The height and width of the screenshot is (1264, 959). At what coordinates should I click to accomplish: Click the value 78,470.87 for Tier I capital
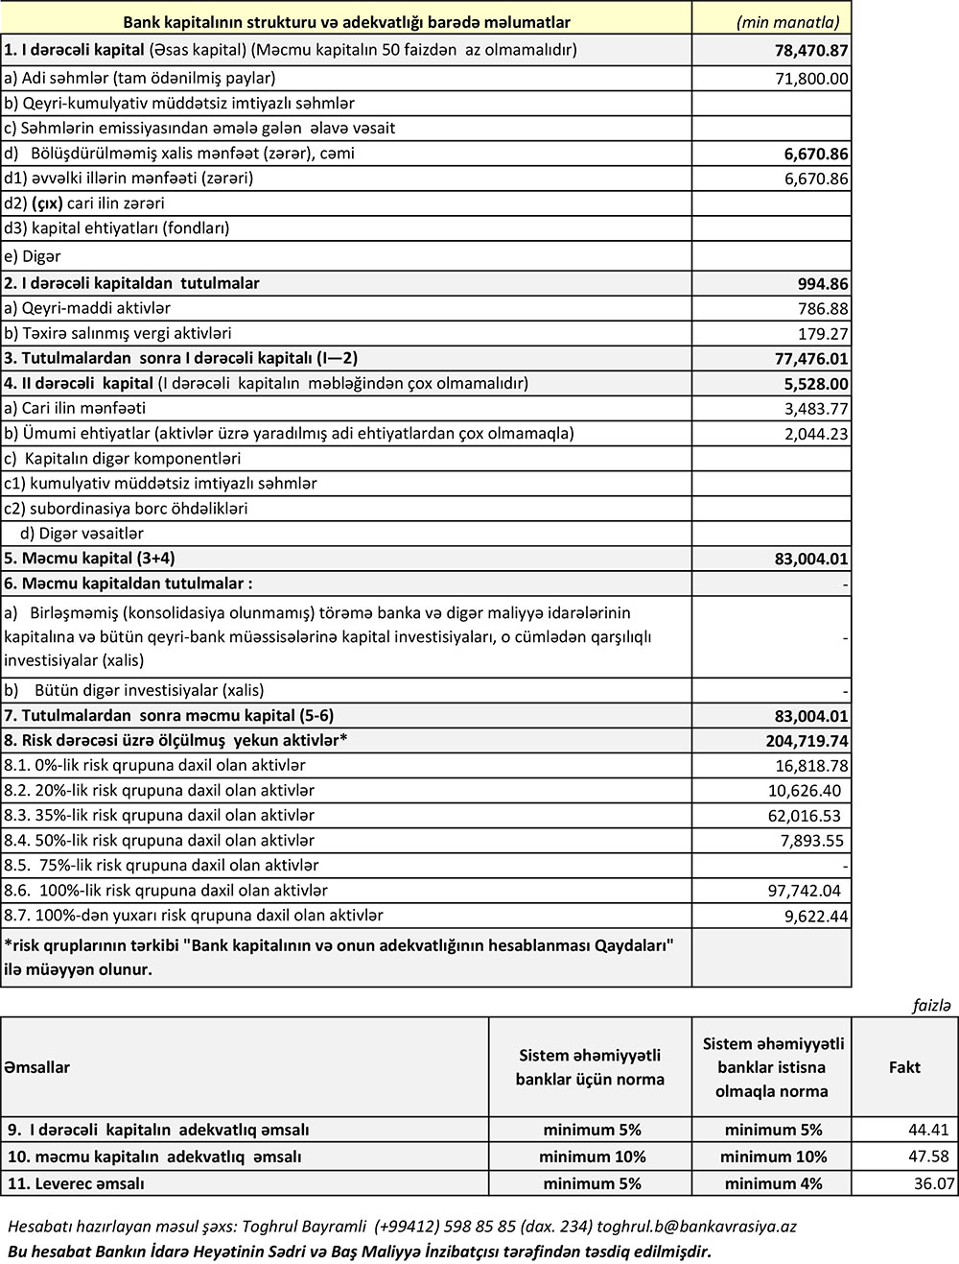[811, 50]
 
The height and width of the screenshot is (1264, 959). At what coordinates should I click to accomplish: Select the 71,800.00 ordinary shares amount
[811, 78]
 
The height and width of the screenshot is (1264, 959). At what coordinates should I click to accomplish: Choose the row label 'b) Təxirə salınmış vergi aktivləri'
[118, 333]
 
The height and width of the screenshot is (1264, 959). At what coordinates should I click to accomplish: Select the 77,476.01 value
[811, 359]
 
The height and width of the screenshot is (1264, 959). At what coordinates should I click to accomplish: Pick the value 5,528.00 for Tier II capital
[816, 384]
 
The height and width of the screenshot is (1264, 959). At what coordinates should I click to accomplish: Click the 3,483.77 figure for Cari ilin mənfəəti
[816, 409]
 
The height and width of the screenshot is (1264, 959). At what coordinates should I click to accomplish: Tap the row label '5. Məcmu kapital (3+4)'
[89, 558]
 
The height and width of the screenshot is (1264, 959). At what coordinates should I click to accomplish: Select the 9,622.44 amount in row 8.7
[816, 916]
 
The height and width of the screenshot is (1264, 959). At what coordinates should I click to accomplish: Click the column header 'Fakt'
[904, 1066]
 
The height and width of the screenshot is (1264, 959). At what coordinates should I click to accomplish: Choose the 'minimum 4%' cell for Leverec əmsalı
[773, 1183]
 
